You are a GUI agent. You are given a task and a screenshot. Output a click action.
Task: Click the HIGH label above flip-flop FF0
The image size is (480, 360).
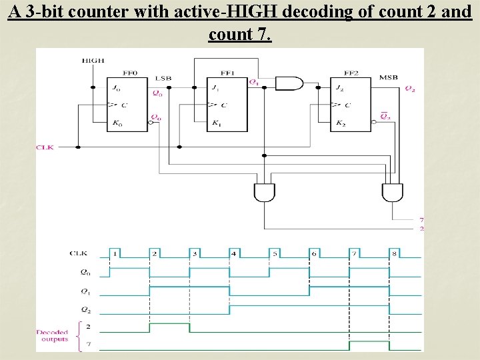pyautogui.click(x=93, y=61)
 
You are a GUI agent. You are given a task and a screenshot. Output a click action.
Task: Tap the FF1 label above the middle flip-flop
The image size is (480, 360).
pyautogui.click(x=227, y=72)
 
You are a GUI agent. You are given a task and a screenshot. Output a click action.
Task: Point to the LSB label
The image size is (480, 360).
pyautogui.click(x=163, y=78)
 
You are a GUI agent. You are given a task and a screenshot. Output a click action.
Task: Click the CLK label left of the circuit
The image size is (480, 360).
pyautogui.click(x=45, y=147)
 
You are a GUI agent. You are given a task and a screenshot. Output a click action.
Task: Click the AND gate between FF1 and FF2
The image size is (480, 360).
pyautogui.click(x=289, y=83)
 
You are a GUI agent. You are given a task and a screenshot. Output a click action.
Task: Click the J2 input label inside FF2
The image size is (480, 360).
pyautogui.click(x=340, y=88)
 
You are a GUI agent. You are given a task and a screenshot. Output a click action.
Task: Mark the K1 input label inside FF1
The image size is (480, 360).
pyautogui.click(x=216, y=123)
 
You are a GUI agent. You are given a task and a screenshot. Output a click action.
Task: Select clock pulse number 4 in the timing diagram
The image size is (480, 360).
pyautogui.click(x=233, y=253)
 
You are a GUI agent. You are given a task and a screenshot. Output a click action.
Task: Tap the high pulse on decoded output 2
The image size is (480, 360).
pyautogui.click(x=169, y=327)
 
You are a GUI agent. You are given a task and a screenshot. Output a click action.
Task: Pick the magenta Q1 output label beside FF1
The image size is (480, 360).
pyautogui.click(x=253, y=82)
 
